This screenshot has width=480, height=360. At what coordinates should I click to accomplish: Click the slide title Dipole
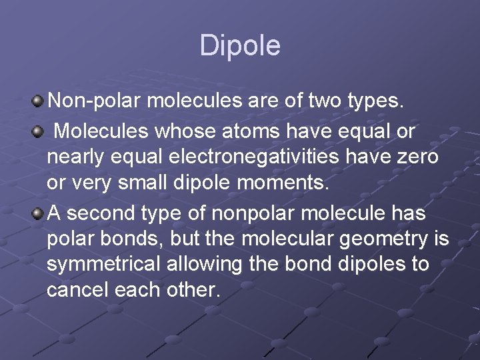pyautogui.click(x=240, y=45)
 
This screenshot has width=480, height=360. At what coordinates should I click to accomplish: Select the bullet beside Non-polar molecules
pyautogui.click(x=38, y=102)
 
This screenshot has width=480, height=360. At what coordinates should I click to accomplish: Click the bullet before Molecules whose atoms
pyautogui.click(x=38, y=130)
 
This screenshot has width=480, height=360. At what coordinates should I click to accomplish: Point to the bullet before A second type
pyautogui.click(x=38, y=213)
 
